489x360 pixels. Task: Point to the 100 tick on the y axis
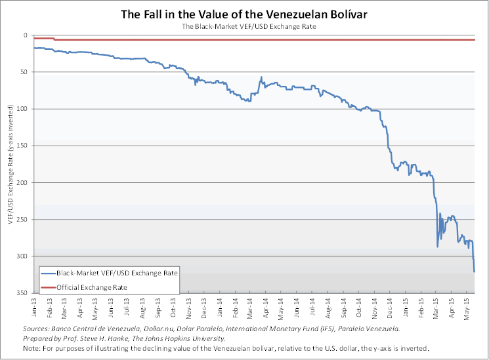click(24, 109)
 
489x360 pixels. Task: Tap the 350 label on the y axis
click(24, 292)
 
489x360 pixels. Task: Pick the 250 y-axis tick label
click(24, 219)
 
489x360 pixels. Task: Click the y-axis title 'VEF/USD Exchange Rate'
click(10, 164)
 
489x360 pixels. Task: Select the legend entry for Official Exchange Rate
click(91, 287)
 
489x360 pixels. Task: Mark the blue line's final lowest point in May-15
click(474, 271)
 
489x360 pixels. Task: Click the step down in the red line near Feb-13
click(54, 39)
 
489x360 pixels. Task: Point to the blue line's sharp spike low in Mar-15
click(437, 247)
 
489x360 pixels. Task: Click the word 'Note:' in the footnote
click(32, 348)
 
